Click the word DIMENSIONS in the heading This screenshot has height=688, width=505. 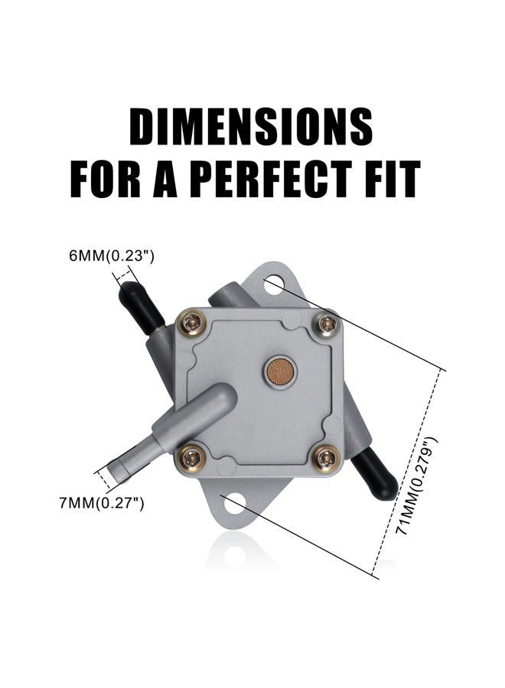[251, 126]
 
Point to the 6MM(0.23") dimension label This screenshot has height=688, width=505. [112, 256]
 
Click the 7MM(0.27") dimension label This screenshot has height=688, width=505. [102, 503]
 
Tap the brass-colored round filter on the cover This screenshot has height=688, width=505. [280, 372]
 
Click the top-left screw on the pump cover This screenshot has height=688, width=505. [192, 324]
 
